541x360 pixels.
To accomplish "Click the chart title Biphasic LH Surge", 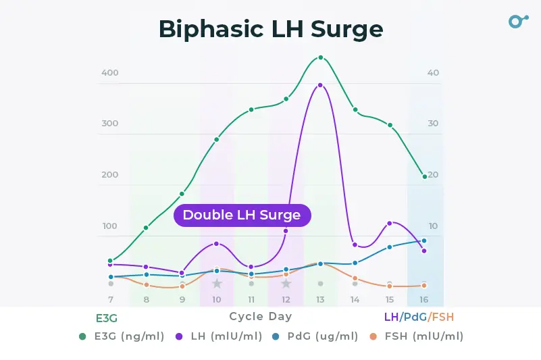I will tap(270, 29).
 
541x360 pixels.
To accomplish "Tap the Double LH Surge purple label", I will tap(242, 215).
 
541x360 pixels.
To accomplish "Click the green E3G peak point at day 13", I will tap(321, 58).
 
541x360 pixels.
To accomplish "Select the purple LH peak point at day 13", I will tap(320, 86).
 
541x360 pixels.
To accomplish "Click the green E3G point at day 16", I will tap(424, 177).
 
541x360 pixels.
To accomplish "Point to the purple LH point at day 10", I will tap(217, 244).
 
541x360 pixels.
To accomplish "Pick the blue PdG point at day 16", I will tap(424, 240).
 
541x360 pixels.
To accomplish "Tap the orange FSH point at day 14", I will tap(355, 278).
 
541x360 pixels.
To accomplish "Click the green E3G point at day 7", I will tap(111, 261).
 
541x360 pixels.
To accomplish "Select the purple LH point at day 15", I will tap(390, 224).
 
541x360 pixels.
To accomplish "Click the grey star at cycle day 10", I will tap(217, 284).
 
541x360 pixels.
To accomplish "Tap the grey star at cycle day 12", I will tap(286, 284).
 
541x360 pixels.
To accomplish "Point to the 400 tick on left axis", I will tap(110, 73).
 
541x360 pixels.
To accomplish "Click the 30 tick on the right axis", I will tap(433, 124).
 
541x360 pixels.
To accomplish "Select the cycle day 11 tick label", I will tap(251, 299).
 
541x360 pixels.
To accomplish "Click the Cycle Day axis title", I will tap(261, 316).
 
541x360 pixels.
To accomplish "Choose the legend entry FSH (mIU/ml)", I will tap(425, 336).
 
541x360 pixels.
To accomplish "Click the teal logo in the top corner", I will tap(517, 21).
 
